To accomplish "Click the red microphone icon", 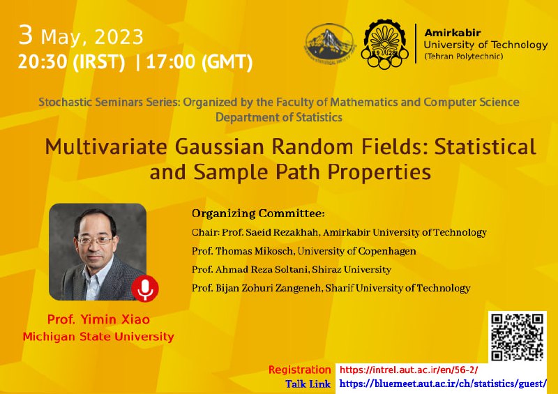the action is click(x=145, y=288).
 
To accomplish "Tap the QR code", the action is click(x=517, y=337).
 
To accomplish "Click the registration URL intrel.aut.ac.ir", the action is click(x=409, y=370).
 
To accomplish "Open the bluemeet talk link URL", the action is click(x=443, y=384).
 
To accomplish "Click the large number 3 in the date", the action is click(x=26, y=36).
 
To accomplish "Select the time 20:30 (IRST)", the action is click(x=71, y=62).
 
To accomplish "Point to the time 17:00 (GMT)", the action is click(x=199, y=62).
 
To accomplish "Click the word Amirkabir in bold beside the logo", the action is click(x=453, y=33).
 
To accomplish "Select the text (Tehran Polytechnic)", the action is click(x=463, y=56).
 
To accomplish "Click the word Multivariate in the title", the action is click(x=106, y=146).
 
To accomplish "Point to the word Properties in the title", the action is click(x=379, y=173).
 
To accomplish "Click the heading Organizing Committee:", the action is click(x=258, y=213).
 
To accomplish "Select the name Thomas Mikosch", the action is click(x=255, y=251).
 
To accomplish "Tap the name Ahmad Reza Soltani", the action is click(x=263, y=269).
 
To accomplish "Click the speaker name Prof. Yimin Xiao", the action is click(x=98, y=319).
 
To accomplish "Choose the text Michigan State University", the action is click(x=98, y=336).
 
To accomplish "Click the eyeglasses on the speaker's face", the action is click(x=95, y=241).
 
